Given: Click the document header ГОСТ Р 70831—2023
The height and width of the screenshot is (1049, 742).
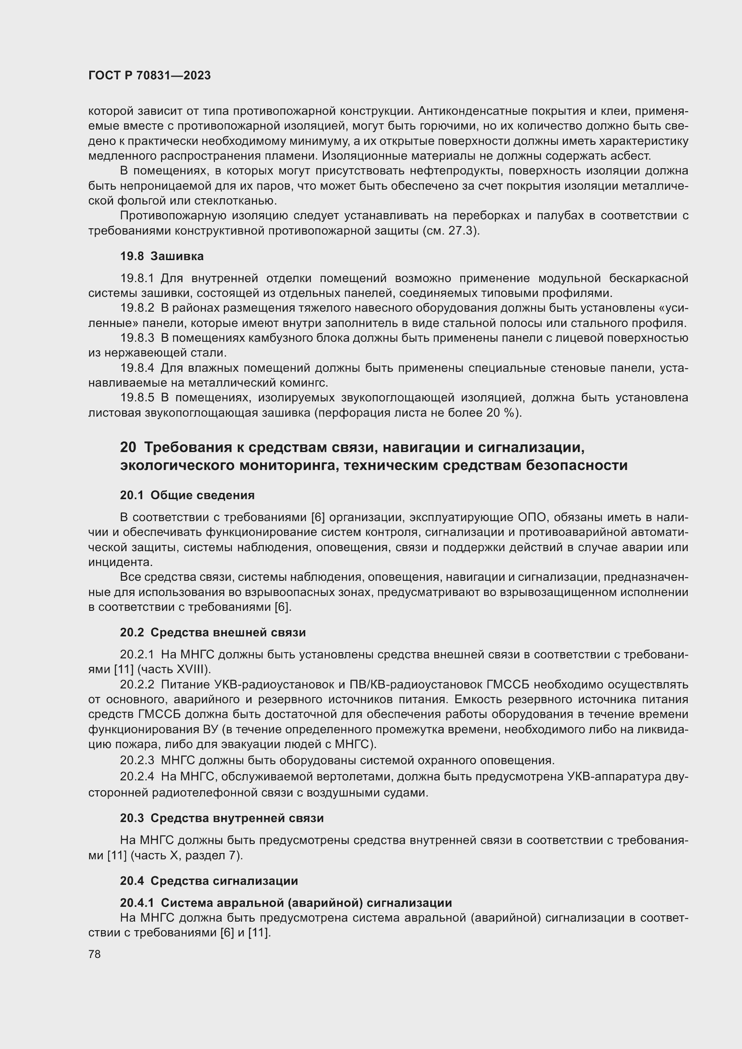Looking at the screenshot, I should point(149,75).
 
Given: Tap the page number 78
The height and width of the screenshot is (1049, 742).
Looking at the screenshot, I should point(95,954).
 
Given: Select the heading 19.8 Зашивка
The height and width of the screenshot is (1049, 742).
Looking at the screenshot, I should point(162,257).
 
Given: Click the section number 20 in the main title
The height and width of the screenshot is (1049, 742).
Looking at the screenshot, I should point(128,447).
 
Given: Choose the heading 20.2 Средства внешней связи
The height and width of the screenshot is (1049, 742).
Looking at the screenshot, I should point(213,633).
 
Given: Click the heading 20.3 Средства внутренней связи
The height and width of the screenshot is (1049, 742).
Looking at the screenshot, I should point(222,818).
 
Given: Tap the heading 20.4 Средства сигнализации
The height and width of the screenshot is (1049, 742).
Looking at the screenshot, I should point(209,881).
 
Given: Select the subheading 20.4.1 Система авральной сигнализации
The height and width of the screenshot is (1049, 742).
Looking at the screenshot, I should point(286,903).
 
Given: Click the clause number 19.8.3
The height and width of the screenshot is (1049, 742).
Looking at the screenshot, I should point(138,338).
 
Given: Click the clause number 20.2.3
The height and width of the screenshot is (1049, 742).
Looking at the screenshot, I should point(138,761).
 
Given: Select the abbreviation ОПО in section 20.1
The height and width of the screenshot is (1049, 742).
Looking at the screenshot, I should point(532,518).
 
